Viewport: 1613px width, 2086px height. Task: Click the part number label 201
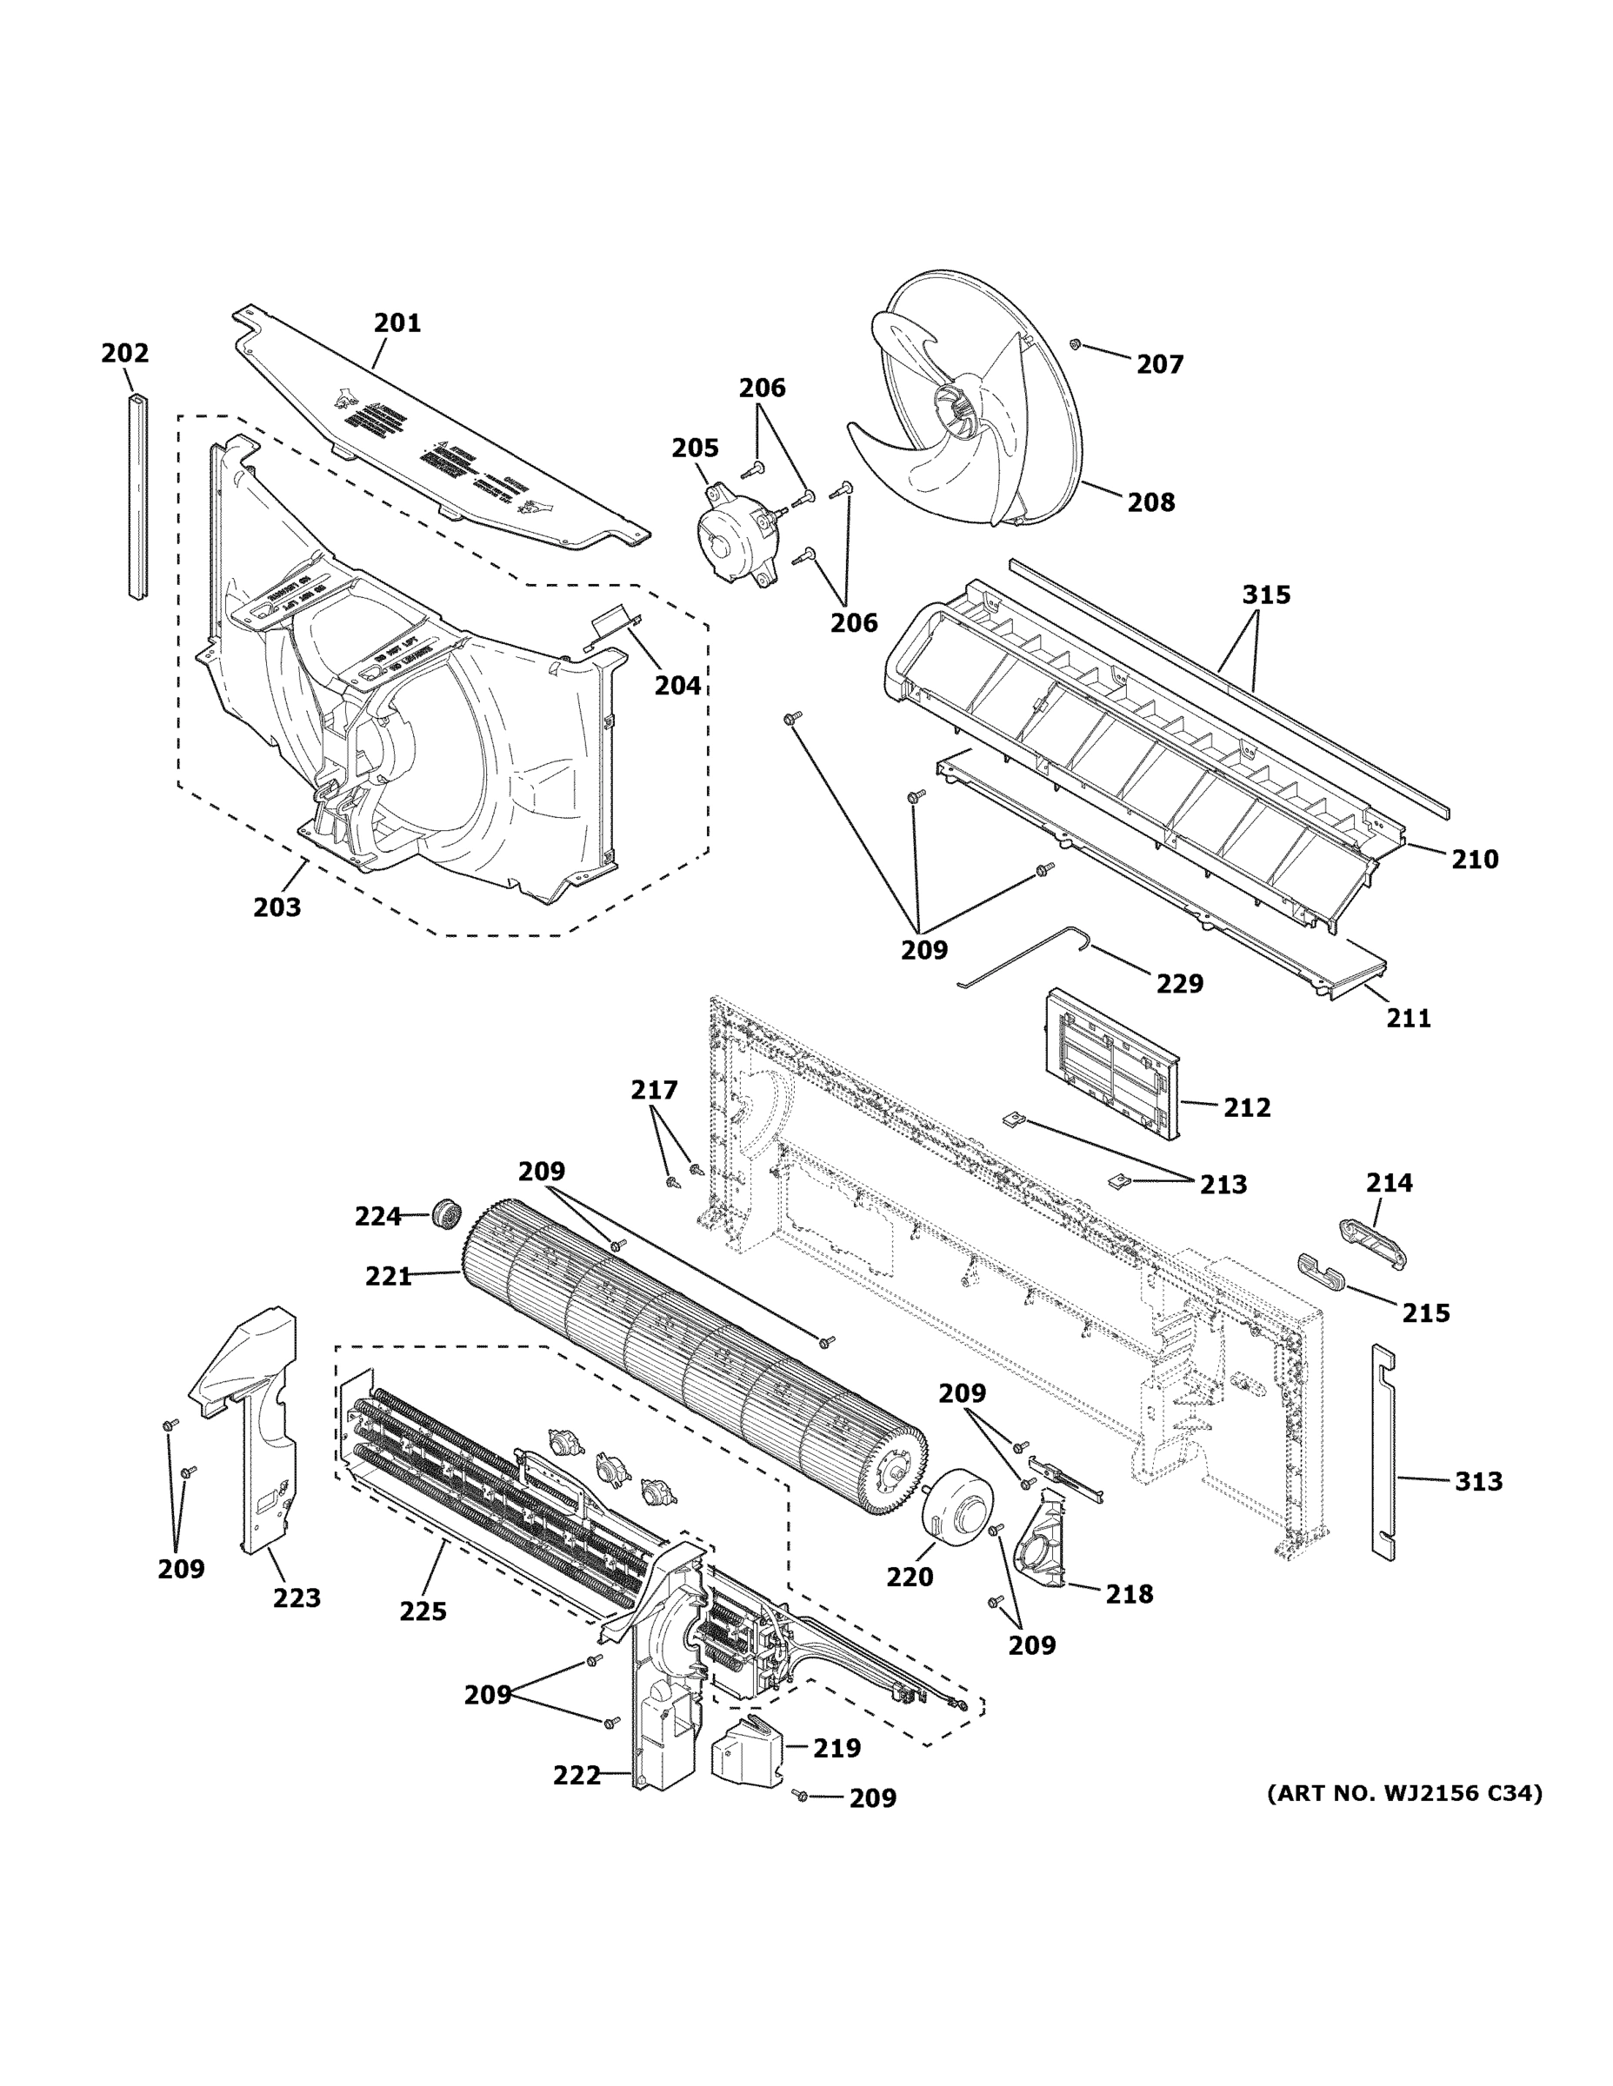397,322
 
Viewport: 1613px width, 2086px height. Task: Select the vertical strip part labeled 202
138,496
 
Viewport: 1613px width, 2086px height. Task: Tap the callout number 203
277,907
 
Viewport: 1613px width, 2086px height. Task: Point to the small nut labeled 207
1075,344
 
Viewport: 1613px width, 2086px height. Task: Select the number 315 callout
1266,595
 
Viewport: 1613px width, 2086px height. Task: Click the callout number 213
1223,1185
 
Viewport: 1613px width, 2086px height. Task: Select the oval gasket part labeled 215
1320,1272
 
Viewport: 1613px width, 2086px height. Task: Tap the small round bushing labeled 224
445,1215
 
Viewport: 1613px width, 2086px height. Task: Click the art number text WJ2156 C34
1403,1794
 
